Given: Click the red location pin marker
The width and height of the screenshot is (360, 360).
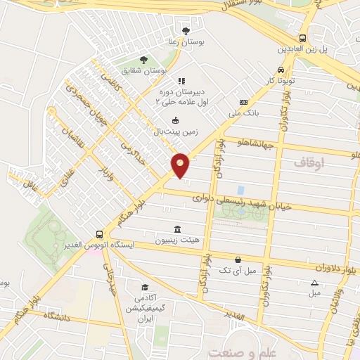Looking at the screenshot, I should pyautogui.click(x=181, y=165).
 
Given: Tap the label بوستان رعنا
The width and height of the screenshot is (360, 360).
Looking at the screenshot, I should pyautogui.click(x=186, y=42).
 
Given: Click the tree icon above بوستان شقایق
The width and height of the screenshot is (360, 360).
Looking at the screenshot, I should pyautogui.click(x=143, y=60).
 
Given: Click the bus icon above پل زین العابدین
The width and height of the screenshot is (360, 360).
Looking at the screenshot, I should pyautogui.click(x=302, y=38).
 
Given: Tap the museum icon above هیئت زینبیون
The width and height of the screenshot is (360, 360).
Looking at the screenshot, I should pyautogui.click(x=176, y=229).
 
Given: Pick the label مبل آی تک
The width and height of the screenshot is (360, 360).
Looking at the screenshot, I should pyautogui.click(x=235, y=270).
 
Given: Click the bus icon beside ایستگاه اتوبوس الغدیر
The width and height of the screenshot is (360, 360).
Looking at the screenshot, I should pyautogui.click(x=101, y=234).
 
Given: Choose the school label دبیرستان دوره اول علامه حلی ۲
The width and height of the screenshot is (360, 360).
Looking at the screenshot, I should pyautogui.click(x=182, y=96).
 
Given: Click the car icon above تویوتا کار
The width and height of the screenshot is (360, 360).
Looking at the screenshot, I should pyautogui.click(x=281, y=70).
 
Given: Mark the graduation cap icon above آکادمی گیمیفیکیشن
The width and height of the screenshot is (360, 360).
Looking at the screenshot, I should pyautogui.click(x=144, y=287).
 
